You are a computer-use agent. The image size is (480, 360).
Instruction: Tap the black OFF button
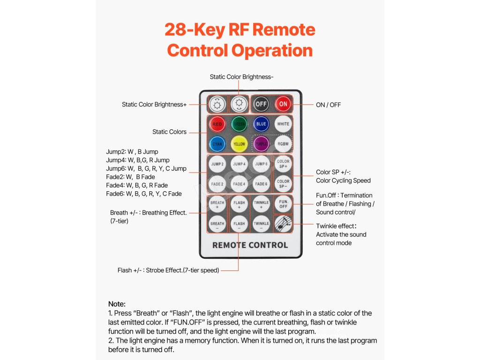pyautogui.click(x=261, y=104)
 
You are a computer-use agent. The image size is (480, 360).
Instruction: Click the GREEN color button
pyautogui.click(x=239, y=124)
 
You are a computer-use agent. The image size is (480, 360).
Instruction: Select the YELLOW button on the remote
pyautogui.click(x=239, y=144)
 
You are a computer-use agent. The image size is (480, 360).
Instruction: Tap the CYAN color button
pyautogui.click(x=217, y=144)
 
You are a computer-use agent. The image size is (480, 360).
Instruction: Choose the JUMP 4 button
pyautogui.click(x=239, y=164)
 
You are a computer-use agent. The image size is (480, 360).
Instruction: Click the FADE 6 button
pyautogui.click(x=261, y=184)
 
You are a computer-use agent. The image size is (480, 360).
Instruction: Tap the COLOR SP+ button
pyautogui.click(x=283, y=164)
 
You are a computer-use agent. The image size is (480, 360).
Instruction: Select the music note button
pyautogui.click(x=283, y=224)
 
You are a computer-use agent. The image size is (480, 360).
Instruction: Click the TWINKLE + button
pyautogui.click(x=261, y=204)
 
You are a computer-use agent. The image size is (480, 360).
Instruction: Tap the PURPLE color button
pyautogui.click(x=261, y=144)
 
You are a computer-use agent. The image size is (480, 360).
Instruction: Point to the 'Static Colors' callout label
pyautogui.click(x=169, y=132)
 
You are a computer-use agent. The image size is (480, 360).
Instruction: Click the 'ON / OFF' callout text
pyautogui.click(x=328, y=105)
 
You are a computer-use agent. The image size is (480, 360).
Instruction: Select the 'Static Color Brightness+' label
pyautogui.click(x=154, y=105)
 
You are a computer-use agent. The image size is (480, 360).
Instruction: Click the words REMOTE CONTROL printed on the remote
pyautogui.click(x=250, y=245)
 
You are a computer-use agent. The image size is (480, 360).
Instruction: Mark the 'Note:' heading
pyautogui.click(x=117, y=304)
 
